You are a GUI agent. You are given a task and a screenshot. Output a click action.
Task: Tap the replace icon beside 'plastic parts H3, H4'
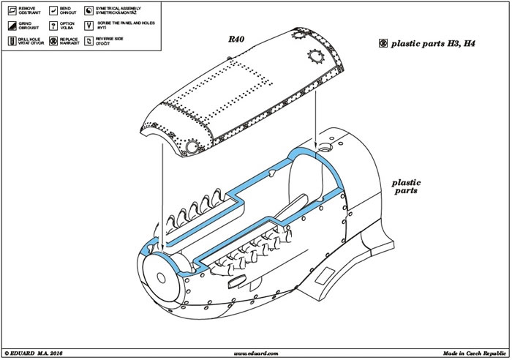point(383,43)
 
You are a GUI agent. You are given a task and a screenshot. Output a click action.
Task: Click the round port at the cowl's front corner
point(192,147)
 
